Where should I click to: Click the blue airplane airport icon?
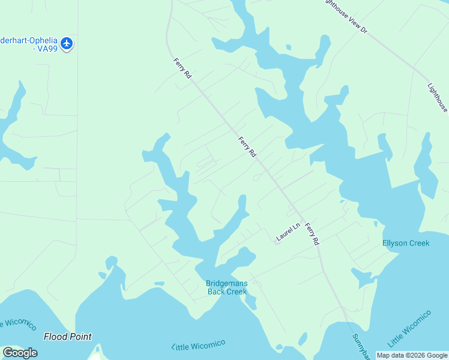[66, 44]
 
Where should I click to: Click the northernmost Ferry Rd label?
[182, 68]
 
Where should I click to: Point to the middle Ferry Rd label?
[247, 148]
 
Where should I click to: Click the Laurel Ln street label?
[288, 233]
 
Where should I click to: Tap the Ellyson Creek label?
[406, 243]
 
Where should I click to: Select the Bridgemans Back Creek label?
[226, 287]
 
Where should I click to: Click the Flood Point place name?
[68, 337]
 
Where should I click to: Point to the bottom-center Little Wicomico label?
[198, 346]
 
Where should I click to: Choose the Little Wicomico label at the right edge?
[409, 329]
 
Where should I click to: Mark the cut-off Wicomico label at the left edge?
[16, 323]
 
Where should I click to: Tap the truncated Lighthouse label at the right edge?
[438, 98]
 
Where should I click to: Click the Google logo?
[20, 353]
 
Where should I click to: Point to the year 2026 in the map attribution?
[410, 355]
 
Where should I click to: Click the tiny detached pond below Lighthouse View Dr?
[289, 47]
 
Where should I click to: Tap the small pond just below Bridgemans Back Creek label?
[250, 302]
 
